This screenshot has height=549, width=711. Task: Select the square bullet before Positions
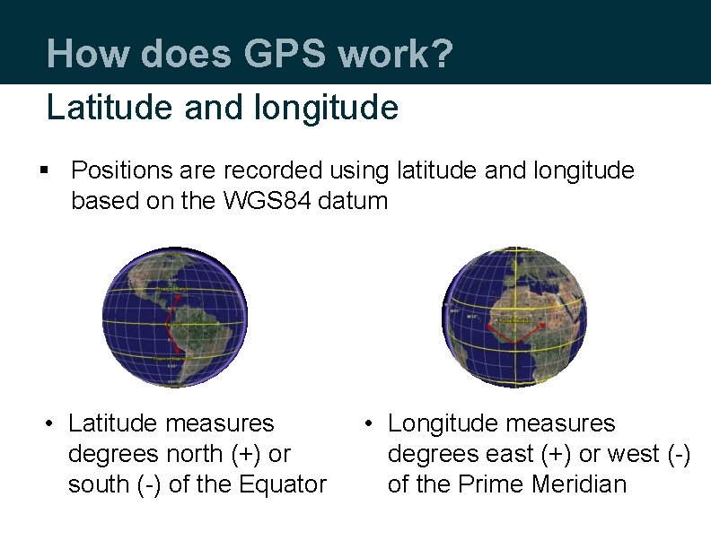(46, 170)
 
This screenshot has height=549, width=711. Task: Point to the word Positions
(120, 170)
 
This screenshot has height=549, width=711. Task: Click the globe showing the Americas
(173, 316)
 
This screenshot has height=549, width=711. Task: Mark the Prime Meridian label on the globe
(514, 318)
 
